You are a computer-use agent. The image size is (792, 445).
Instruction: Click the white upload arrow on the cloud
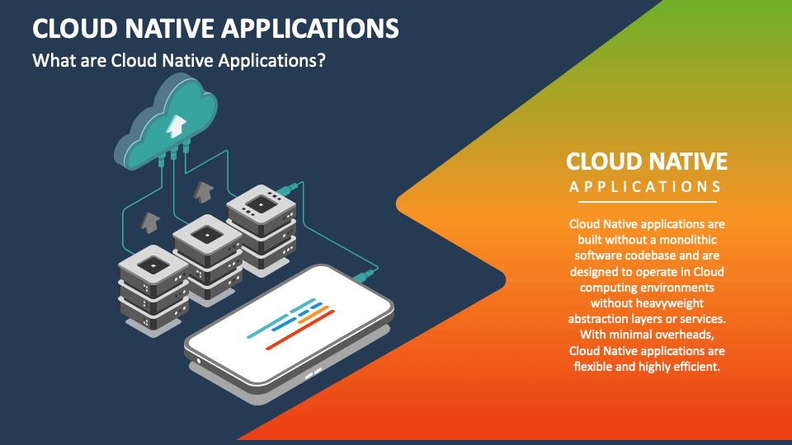pyautogui.click(x=175, y=124)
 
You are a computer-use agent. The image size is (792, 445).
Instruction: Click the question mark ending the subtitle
pyautogui.click(x=322, y=61)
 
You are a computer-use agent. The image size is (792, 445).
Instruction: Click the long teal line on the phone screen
pyautogui.click(x=280, y=318)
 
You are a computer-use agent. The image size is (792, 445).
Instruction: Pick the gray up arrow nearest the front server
pyautogui.click(x=149, y=222)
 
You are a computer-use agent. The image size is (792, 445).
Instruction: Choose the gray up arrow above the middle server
pyautogui.click(x=201, y=193)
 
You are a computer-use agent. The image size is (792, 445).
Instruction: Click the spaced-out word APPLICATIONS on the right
pyautogui.click(x=646, y=187)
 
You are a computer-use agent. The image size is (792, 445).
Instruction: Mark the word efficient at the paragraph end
pyautogui.click(x=695, y=367)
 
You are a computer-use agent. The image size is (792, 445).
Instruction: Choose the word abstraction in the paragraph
pyautogui.click(x=599, y=319)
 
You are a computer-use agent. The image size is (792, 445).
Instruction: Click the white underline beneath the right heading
pyautogui.click(x=646, y=201)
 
